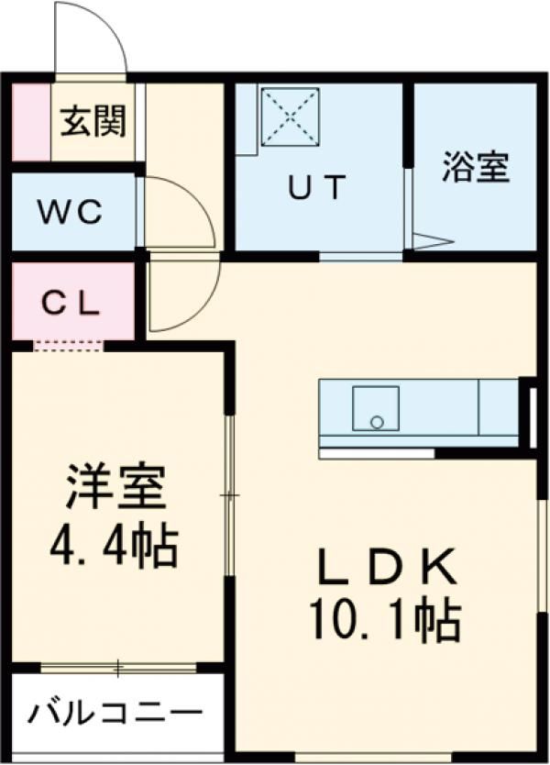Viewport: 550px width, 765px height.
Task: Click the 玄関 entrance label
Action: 93,121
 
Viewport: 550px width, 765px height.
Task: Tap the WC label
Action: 71,212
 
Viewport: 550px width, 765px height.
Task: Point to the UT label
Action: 317,187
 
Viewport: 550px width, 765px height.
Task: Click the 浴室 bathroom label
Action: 476,167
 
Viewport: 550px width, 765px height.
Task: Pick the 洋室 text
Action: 115,487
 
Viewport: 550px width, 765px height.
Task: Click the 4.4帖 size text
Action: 114,545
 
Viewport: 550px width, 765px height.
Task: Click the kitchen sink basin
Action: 376,408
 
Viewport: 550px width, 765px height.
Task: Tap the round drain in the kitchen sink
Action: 377,422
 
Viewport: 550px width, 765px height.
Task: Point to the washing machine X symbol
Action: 290,116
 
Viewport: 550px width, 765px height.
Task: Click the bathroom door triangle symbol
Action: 433,241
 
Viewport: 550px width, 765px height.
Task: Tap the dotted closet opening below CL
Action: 69,346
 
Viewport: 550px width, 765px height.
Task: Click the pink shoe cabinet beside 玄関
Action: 31,123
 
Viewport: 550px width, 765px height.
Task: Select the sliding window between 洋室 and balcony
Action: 118,668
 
